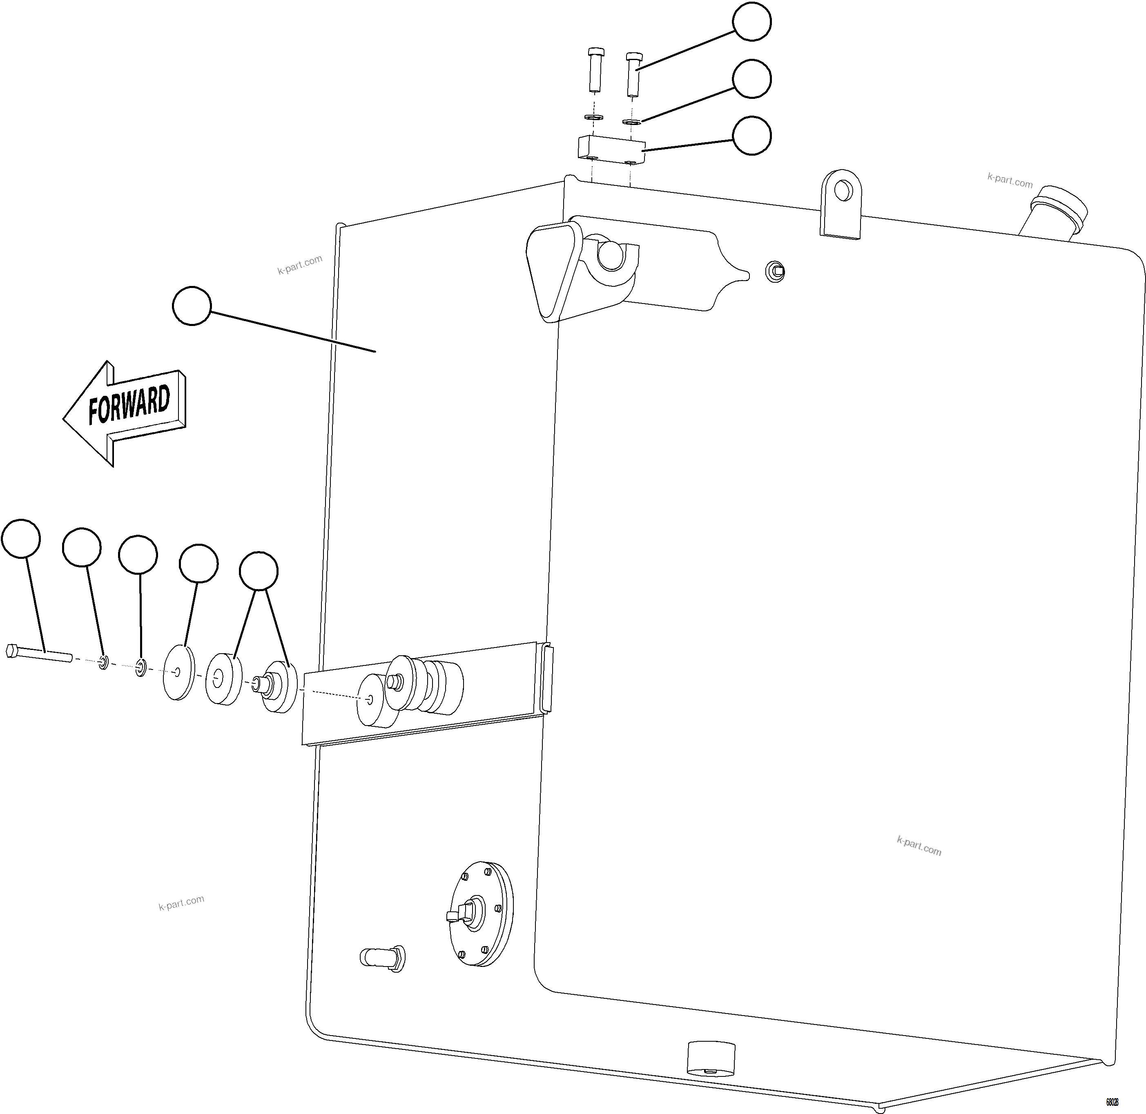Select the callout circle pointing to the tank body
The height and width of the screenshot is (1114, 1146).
192,306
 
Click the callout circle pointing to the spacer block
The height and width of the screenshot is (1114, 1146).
752,136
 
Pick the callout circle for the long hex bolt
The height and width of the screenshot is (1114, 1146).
21,538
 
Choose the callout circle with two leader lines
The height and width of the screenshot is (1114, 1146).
259,570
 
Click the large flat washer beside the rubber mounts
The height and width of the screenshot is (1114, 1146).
178,672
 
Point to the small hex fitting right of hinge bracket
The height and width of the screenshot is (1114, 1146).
776,271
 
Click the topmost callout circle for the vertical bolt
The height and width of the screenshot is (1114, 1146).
752,22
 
